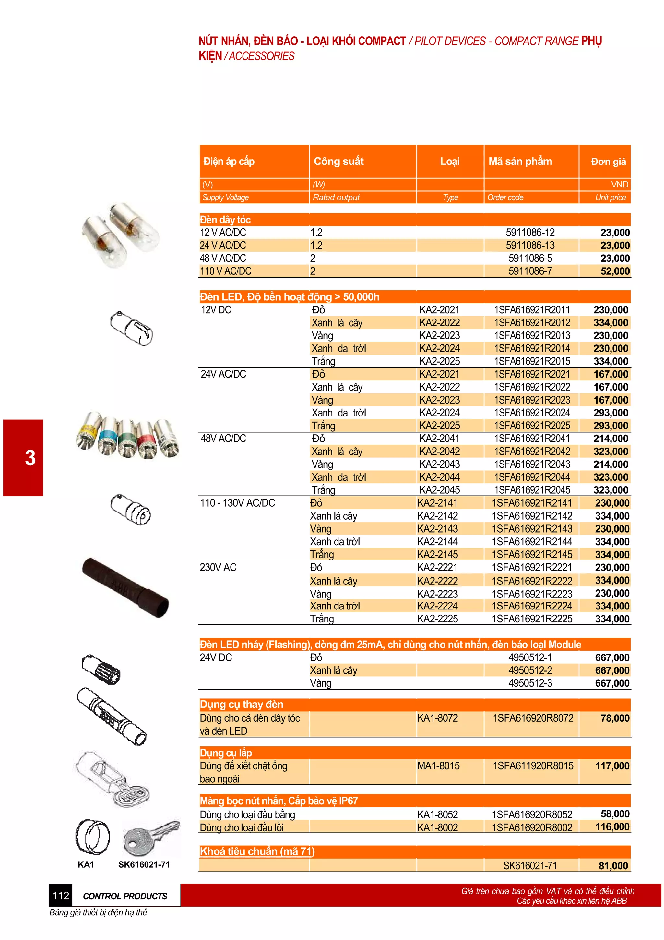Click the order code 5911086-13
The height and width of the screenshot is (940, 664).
(x=530, y=245)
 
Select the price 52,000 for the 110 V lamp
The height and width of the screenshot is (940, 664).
(x=615, y=271)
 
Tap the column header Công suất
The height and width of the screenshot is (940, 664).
(x=338, y=161)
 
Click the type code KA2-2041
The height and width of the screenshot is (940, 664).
(x=439, y=439)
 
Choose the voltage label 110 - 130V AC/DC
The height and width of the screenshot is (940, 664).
(x=237, y=503)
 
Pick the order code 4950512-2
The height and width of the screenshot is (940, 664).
(x=530, y=670)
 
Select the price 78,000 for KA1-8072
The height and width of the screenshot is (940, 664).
(x=615, y=718)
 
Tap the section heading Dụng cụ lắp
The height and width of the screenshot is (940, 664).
(x=226, y=753)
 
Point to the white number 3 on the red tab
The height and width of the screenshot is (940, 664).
(x=30, y=458)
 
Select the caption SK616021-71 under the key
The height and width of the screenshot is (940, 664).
(x=144, y=865)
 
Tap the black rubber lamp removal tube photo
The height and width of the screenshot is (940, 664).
(x=125, y=587)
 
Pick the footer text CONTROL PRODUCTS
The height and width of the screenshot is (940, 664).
(x=125, y=896)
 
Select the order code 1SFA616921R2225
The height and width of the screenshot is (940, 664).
(x=532, y=619)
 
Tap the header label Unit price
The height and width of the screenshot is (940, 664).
(x=611, y=197)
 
